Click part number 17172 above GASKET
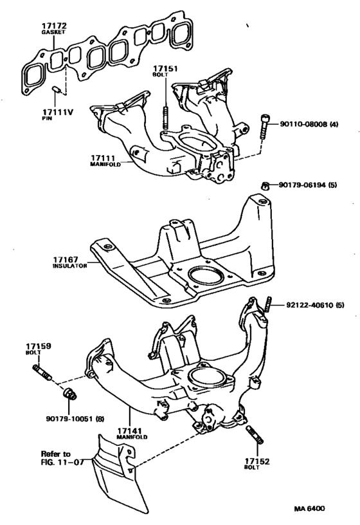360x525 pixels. pyautogui.click(x=54, y=26)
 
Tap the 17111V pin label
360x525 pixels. pyautogui.click(x=57, y=112)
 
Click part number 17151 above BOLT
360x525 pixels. pyautogui.click(x=165, y=69)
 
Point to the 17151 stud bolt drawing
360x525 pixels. pyautogui.click(x=165, y=117)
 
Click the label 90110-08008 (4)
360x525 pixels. pyautogui.click(x=309, y=124)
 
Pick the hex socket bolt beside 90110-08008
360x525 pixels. pyautogui.click(x=264, y=127)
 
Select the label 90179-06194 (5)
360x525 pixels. pyautogui.click(x=308, y=185)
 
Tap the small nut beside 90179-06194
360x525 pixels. pyautogui.click(x=265, y=185)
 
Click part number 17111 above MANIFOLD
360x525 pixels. pyautogui.click(x=103, y=158)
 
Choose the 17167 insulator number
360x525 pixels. pyautogui.click(x=65, y=259)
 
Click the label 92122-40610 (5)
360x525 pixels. pyautogui.click(x=315, y=305)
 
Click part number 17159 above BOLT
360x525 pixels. pyautogui.click(x=39, y=346)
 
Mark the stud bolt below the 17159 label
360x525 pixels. pyautogui.click(x=42, y=373)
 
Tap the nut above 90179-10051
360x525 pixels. pyautogui.click(x=69, y=393)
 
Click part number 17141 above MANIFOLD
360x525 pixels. pyautogui.click(x=130, y=431)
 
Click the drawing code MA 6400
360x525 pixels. pyautogui.click(x=309, y=508)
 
